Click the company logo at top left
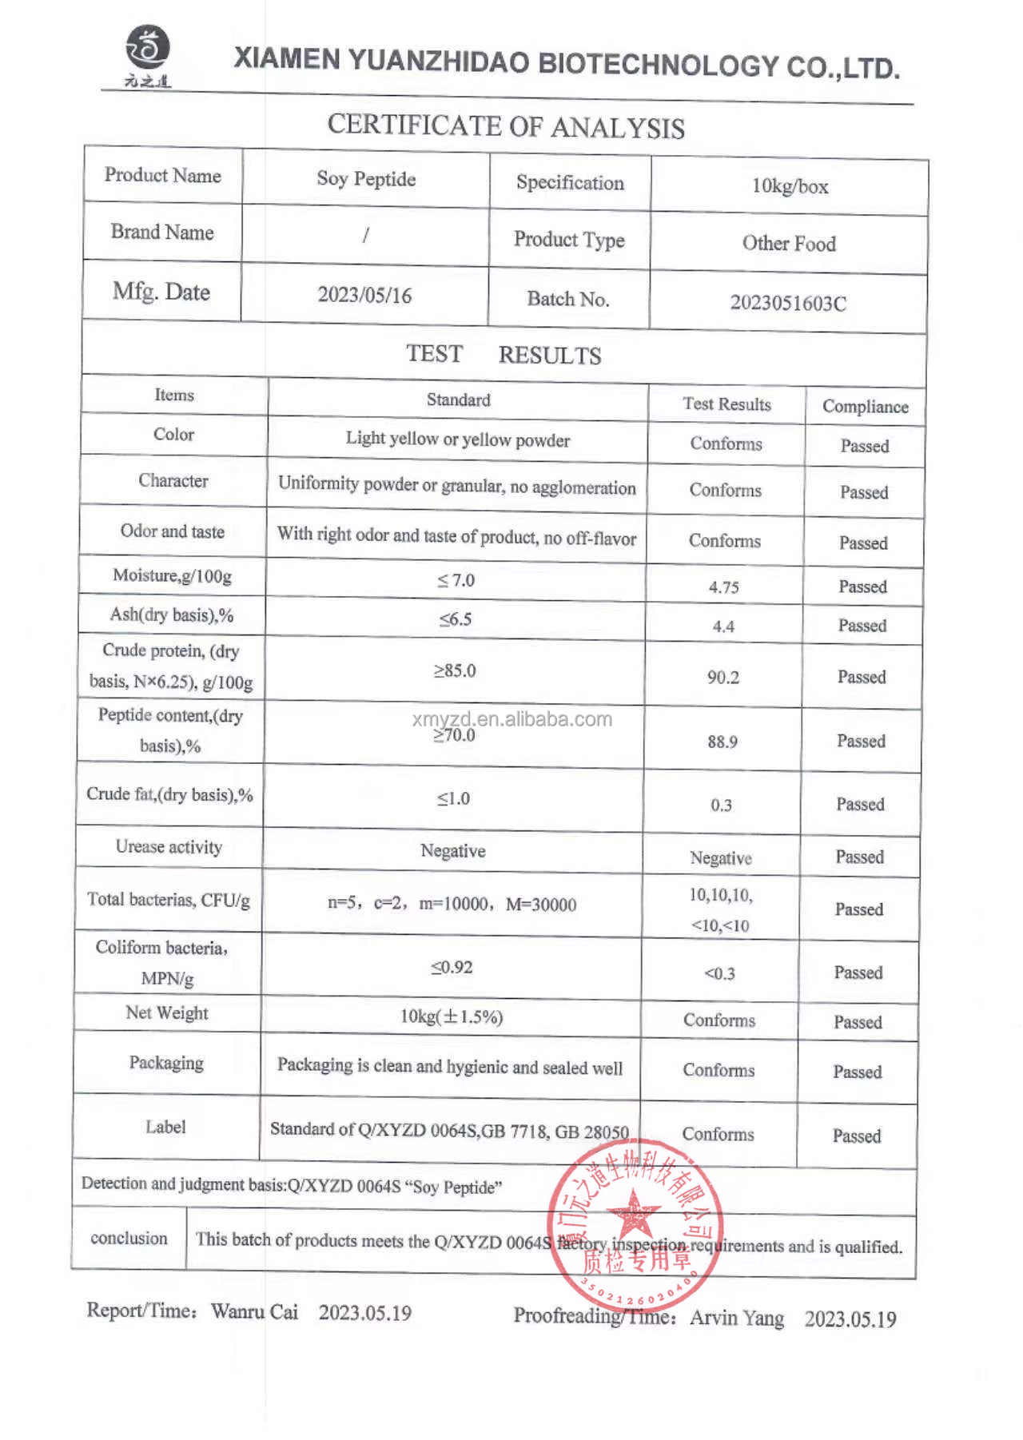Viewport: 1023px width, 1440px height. click(148, 54)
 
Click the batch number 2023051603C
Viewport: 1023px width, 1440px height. click(788, 303)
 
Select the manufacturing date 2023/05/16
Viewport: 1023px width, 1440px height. click(364, 295)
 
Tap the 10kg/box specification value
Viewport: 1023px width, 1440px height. click(790, 186)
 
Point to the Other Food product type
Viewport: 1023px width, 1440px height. click(789, 243)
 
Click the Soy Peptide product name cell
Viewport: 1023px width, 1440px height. click(366, 179)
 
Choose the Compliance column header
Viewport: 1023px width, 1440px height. click(866, 406)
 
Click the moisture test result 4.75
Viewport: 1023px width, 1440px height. click(724, 587)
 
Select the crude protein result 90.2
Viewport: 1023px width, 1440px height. click(723, 678)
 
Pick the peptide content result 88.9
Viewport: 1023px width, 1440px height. click(722, 742)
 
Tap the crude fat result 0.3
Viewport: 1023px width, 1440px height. click(722, 805)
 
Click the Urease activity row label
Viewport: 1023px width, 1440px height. click(169, 846)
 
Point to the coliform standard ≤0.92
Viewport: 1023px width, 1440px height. click(452, 967)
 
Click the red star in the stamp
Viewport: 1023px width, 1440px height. click(634, 1213)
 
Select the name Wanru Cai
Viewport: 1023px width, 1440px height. click(254, 1311)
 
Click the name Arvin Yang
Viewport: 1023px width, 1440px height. click(737, 1317)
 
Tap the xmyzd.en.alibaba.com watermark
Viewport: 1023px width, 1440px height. click(512, 718)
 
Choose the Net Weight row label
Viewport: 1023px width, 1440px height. click(166, 1012)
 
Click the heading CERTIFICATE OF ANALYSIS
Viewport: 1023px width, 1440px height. click(506, 125)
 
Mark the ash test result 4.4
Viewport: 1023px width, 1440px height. click(723, 627)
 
